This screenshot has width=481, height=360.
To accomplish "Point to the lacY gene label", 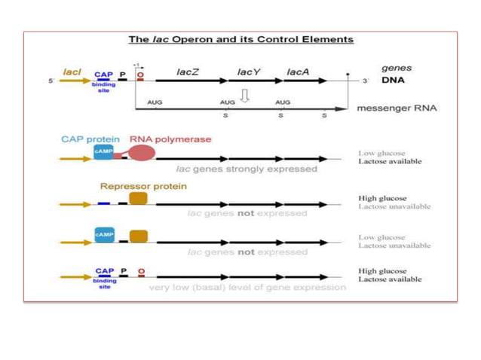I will coord(248,72).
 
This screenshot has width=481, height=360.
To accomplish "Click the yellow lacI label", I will coord(72,72).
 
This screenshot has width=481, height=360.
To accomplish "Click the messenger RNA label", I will coord(396,108).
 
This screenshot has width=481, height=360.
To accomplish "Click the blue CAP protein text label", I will coord(91,139).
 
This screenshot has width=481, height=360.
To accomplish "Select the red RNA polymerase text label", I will coord(170,139).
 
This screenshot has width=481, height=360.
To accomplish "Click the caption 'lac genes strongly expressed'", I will coord(247,169).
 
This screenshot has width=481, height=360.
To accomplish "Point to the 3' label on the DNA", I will coord(366,81).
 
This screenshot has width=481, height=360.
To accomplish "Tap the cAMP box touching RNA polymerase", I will coord(104,151).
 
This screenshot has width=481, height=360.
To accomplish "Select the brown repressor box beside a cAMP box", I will coord(138,236).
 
